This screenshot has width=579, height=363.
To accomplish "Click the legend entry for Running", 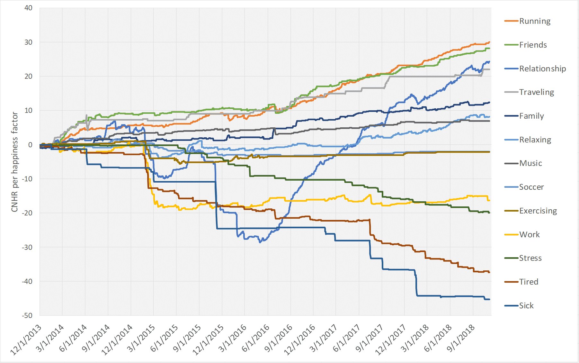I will pos(535,21).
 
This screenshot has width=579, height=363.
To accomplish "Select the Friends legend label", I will pos(533,45).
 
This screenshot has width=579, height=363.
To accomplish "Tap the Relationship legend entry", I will pos(542,69).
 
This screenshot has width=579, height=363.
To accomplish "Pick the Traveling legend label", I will pos(537,92).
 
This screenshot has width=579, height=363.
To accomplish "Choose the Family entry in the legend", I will pos(531,116).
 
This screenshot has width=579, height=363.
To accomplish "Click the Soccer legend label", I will pos(531,187).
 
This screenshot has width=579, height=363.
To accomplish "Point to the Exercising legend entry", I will pos(538,211).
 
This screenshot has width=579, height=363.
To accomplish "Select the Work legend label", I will pos(529,235).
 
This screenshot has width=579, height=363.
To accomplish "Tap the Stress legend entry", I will pos(530,258).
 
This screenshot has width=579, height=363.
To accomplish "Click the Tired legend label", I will pos(529,282).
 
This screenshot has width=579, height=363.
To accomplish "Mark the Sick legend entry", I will pos(526,306).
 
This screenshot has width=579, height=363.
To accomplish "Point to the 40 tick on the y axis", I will pos(28,8).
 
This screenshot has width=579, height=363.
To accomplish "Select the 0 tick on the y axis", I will pos(30,145).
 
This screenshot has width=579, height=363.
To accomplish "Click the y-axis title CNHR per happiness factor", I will pos(14,162).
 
